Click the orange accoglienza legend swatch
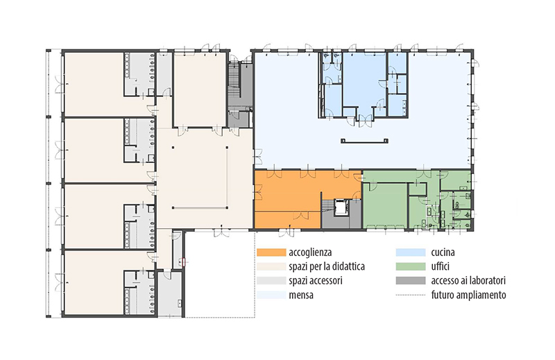(x=271, y=252)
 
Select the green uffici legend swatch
(x=411, y=266)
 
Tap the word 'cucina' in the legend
(x=443, y=252)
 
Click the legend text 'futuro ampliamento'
(x=468, y=295)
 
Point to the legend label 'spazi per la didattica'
(x=327, y=266)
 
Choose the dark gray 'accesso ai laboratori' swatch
(x=411, y=281)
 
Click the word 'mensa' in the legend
(x=301, y=295)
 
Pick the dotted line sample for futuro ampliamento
(x=411, y=295)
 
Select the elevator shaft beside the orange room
(x=341, y=207)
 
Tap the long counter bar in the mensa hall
(x=365, y=142)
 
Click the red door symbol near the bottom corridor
(x=183, y=262)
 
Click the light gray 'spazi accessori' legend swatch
(x=271, y=281)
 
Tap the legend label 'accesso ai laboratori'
(x=468, y=281)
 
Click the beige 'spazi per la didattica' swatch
(x=271, y=266)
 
